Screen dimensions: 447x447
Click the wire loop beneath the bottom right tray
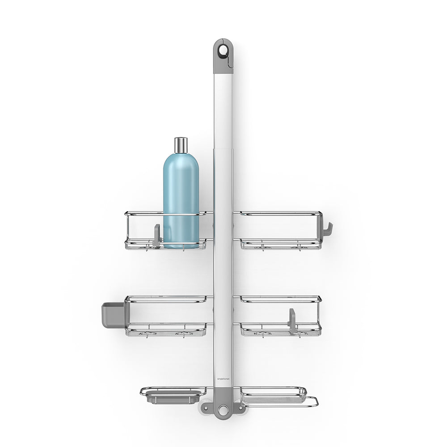pyautogui.click(x=308, y=401)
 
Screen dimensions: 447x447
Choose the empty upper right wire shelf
pyautogui.click(x=279, y=230)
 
